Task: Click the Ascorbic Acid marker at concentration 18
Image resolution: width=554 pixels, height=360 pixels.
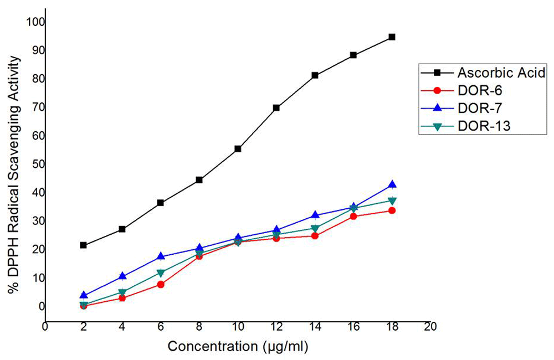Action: click(392, 37)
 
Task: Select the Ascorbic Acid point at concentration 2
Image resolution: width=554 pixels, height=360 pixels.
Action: click(83, 245)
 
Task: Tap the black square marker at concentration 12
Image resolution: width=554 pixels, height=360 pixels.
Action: click(276, 108)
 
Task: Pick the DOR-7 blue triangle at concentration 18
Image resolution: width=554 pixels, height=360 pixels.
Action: click(392, 185)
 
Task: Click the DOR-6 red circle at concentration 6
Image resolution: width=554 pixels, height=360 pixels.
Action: click(160, 285)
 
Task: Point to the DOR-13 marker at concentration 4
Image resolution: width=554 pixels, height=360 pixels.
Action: click(122, 292)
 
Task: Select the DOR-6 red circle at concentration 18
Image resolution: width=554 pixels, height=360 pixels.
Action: click(392, 210)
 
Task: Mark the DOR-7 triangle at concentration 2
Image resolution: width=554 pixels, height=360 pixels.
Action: click(83, 295)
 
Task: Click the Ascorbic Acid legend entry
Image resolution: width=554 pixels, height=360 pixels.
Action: click(501, 73)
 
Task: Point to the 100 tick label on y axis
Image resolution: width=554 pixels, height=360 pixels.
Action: click(35, 22)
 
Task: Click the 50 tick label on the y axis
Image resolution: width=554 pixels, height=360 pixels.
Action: click(37, 164)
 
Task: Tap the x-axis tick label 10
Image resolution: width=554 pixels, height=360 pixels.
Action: click(237, 327)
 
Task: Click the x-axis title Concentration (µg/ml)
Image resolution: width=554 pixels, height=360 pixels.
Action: click(238, 347)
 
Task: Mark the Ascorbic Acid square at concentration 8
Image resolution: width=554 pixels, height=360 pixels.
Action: click(199, 180)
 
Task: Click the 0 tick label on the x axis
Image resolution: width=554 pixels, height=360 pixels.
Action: click(45, 327)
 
